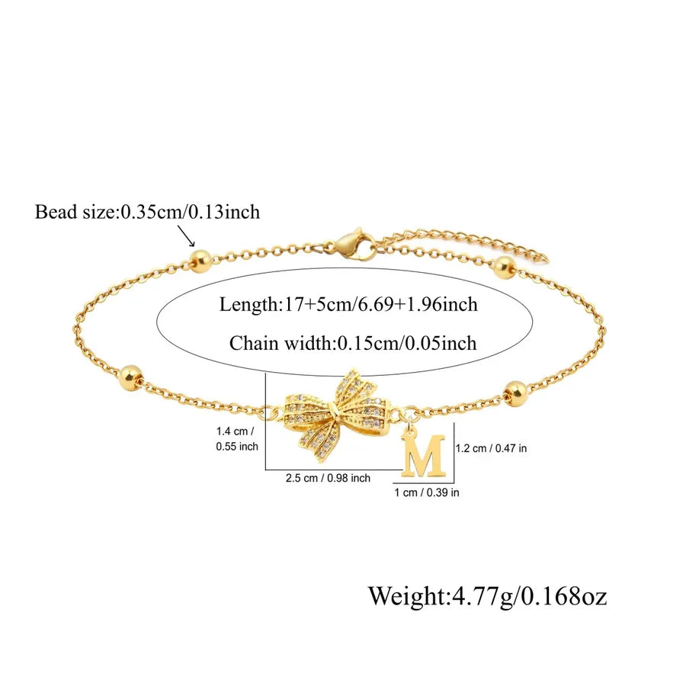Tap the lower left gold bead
[131, 375]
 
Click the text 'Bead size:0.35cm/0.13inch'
[147, 212]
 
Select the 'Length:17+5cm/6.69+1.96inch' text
[348, 304]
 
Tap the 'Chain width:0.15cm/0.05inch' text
[353, 343]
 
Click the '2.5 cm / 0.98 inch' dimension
[328, 478]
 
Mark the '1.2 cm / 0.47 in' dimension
[492, 448]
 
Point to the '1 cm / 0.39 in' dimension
[427, 492]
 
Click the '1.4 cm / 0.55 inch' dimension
[237, 439]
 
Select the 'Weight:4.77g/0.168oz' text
[487, 595]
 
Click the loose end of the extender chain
[543, 259]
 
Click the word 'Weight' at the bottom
[406, 595]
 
